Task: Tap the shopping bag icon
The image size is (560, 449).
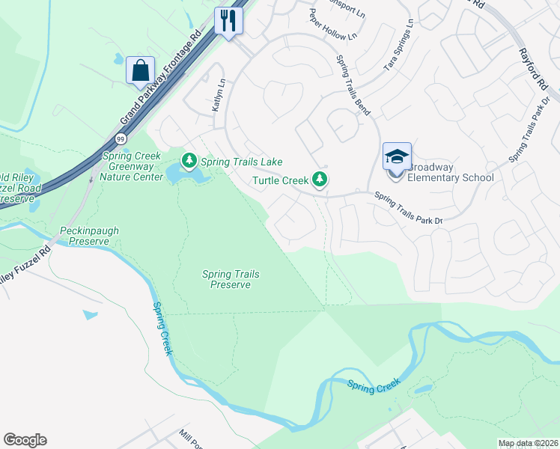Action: pyautogui.click(x=140, y=70)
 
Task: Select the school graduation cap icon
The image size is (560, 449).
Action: pyautogui.click(x=397, y=156)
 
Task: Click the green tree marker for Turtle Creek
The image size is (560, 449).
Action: pyautogui.click(x=320, y=179)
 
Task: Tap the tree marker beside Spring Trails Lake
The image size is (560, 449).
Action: pyautogui.click(x=189, y=160)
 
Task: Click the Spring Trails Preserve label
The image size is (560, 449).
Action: pyautogui.click(x=231, y=279)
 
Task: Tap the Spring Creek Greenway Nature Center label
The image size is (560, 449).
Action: pyautogui.click(x=133, y=166)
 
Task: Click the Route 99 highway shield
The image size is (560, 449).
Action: pyautogui.click(x=121, y=138)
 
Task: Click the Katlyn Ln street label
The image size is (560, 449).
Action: pyautogui.click(x=218, y=95)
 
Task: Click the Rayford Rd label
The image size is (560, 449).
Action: pyautogui.click(x=530, y=67)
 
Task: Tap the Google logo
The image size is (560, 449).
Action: pyautogui.click(x=25, y=440)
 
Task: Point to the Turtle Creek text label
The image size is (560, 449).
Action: pyautogui.click(x=280, y=180)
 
